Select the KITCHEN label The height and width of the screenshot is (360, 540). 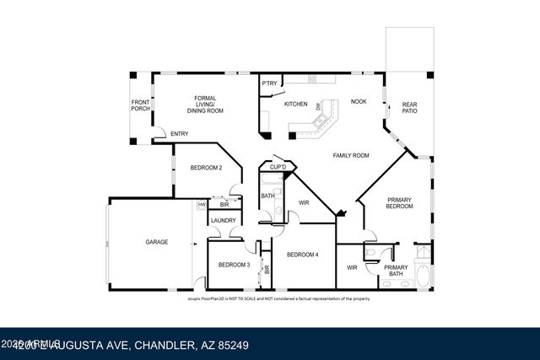[295, 104]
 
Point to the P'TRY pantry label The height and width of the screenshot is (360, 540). [270, 83]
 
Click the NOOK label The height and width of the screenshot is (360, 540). [359, 100]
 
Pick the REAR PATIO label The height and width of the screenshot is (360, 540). [409, 107]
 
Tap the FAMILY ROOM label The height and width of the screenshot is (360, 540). [351, 155]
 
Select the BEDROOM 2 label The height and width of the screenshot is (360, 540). [206, 168]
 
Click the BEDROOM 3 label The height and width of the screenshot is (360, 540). [234, 265]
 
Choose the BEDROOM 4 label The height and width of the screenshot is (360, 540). [302, 255]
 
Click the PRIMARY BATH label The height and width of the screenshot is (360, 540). [396, 271]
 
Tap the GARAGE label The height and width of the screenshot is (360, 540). [156, 242]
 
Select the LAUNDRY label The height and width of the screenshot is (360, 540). [224, 221]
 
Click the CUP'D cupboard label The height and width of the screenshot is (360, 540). [278, 168]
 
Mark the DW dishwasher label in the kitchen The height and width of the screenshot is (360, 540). [318, 106]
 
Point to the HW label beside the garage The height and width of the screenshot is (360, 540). [202, 204]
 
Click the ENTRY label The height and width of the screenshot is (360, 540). [179, 134]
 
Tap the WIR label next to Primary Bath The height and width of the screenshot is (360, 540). [352, 268]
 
